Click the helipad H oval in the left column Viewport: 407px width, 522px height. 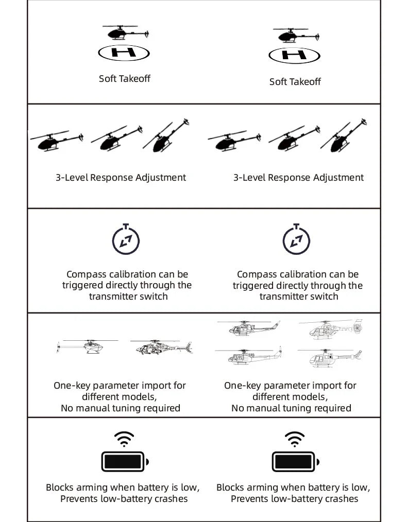(124, 52)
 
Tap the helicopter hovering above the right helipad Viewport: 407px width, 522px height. (291, 36)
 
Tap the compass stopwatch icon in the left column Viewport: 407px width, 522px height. (126, 239)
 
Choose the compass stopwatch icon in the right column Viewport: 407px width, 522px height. (296, 240)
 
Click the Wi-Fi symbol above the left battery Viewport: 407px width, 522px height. (124, 439)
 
